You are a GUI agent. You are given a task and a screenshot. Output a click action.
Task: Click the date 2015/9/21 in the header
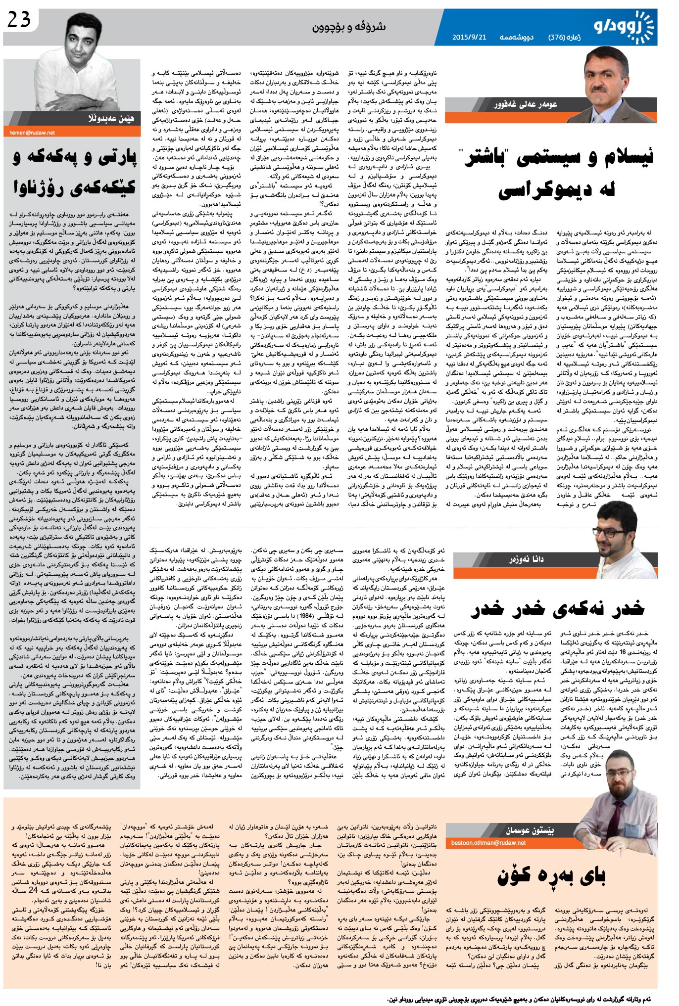469,38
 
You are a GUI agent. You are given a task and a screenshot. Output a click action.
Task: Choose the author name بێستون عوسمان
530,830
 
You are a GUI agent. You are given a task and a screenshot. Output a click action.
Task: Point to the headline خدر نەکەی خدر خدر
557,608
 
